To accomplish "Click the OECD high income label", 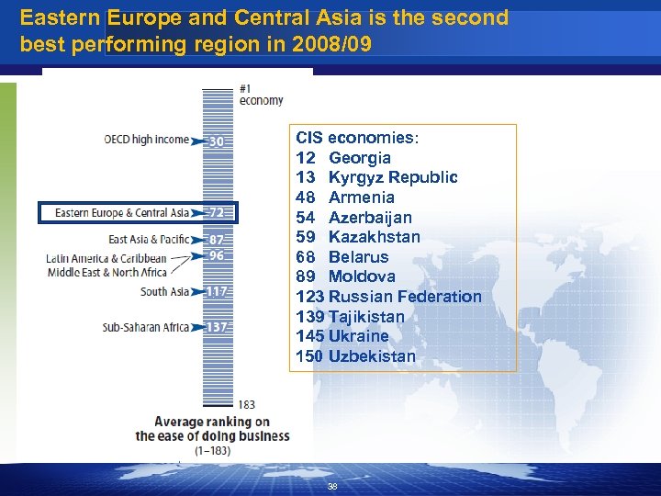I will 147,141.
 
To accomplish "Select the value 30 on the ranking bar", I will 217,141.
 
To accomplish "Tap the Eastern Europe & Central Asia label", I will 122,213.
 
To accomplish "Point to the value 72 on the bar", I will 217,213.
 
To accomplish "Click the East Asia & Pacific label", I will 149,240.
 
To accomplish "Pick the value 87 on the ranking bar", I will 217,240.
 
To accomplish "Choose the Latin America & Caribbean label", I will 106,258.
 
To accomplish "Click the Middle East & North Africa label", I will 106,272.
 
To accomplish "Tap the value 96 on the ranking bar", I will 217,255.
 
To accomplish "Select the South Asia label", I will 164,292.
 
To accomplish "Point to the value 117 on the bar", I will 217,292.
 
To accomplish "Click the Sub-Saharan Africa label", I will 145,327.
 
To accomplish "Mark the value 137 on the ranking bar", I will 217,327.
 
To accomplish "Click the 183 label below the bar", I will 246,404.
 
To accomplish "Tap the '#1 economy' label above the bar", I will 261,95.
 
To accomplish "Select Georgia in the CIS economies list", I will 359,158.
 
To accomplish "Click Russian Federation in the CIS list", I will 404,297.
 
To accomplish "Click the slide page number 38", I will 332,487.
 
